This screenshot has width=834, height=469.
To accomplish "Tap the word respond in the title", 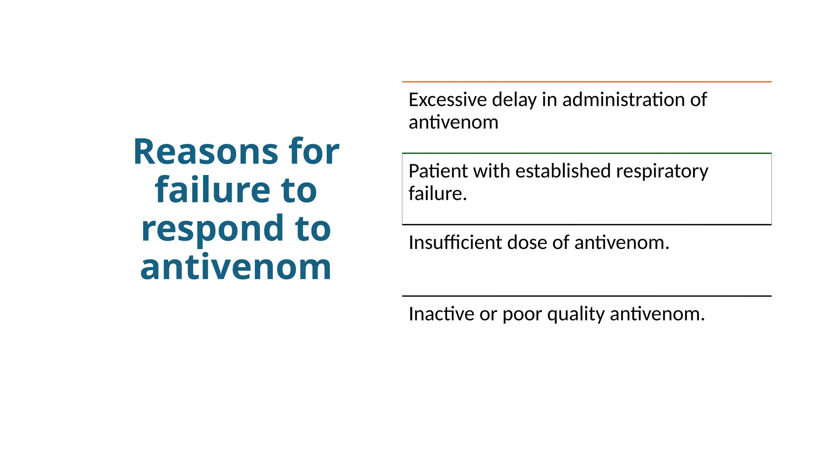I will [212, 229].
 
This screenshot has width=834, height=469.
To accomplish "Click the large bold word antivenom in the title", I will [236, 267].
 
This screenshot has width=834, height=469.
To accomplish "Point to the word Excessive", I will [448, 100].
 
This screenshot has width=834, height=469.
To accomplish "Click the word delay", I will [514, 100].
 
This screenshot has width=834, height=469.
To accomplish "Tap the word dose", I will [527, 243].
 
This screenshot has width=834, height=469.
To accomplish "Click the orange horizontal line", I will [586, 82].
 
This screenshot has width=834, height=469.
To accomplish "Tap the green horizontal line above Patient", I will [586, 153].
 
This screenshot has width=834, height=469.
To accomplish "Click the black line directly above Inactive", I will [586, 296].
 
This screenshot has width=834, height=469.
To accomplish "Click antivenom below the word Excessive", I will [453, 122].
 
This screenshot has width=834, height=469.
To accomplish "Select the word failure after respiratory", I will [437, 194].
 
